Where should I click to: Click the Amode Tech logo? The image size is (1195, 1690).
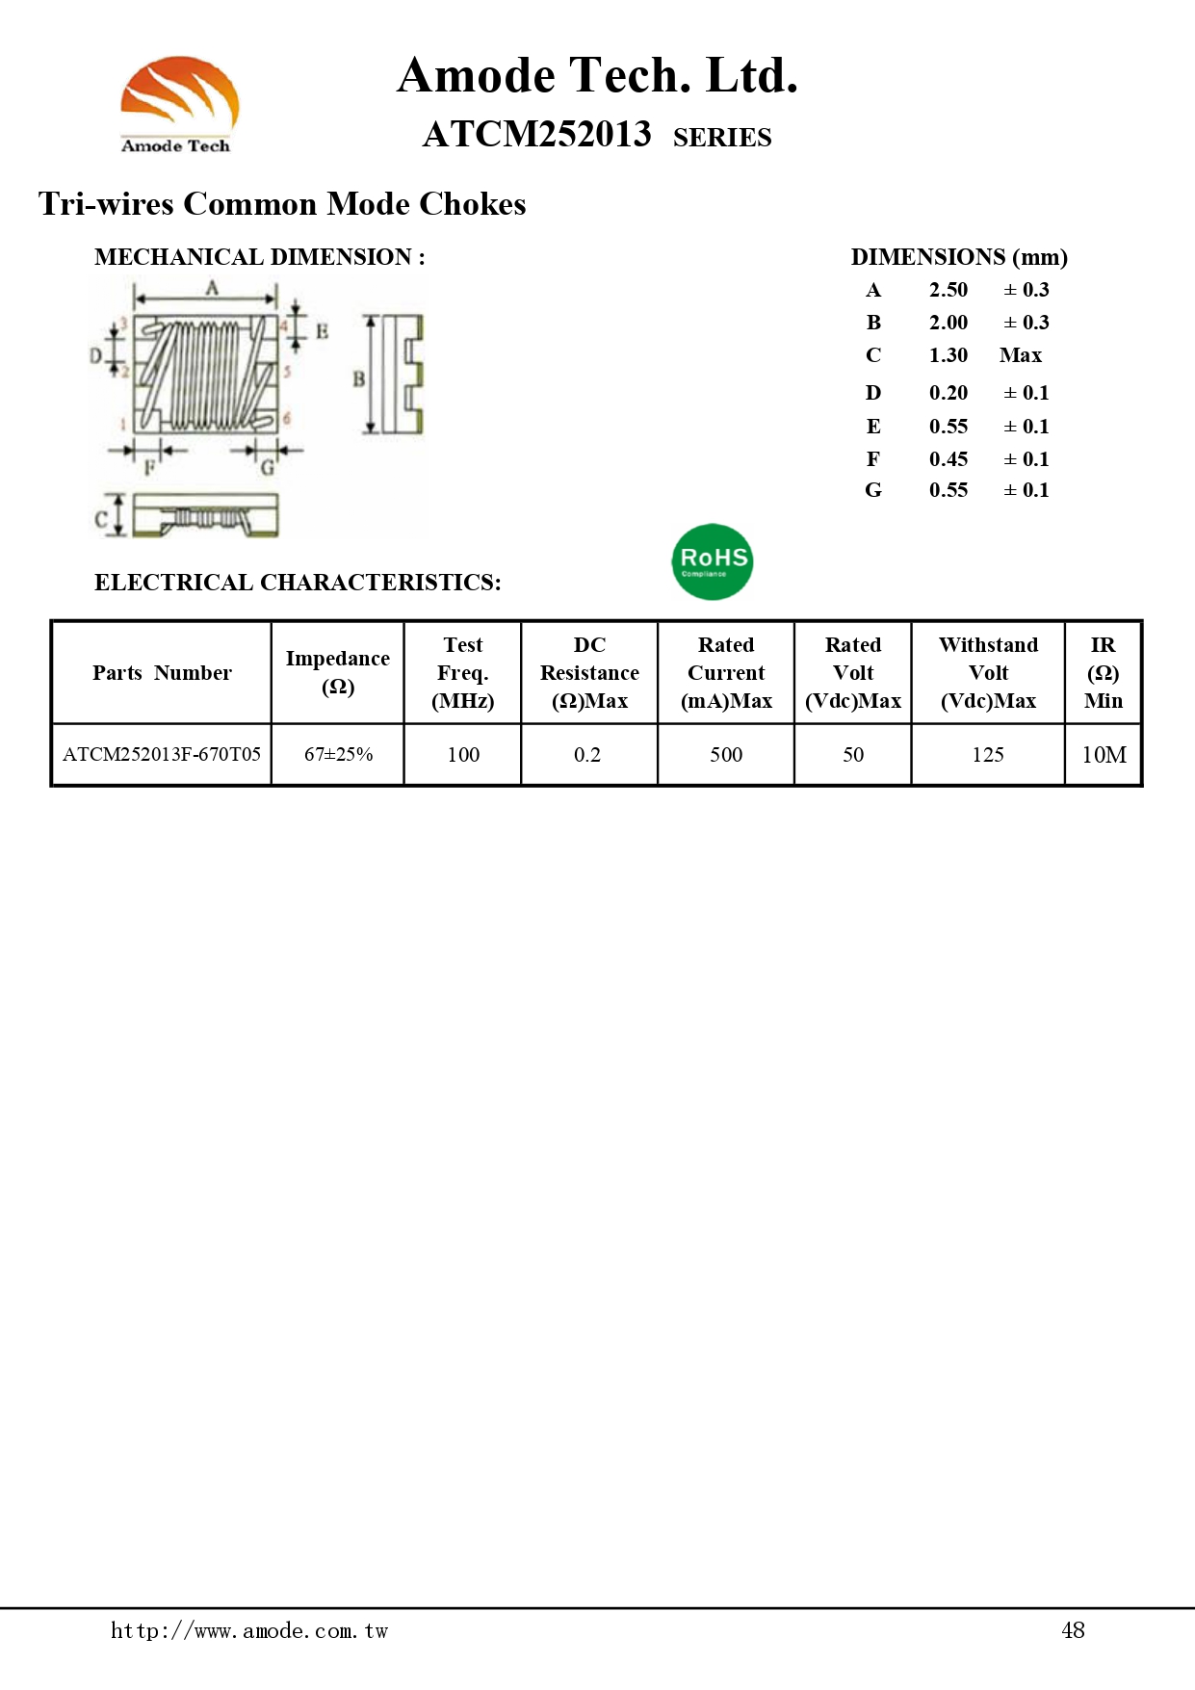pos(179,104)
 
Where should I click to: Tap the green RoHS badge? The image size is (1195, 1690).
pos(713,561)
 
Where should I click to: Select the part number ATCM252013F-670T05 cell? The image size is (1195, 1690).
pos(162,754)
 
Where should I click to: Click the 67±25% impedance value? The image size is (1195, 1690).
pos(338,754)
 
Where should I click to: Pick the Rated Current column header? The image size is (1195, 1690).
pos(726,672)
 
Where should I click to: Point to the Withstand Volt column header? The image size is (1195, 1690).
pos(988,672)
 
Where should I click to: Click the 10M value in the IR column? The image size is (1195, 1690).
pos(1104,755)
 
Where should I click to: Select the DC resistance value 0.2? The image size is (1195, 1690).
pos(587,754)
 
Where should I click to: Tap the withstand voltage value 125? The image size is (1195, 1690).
pos(988,754)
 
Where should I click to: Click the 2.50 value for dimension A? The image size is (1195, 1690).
pos(948,290)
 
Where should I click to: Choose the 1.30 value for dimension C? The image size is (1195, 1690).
pos(948,355)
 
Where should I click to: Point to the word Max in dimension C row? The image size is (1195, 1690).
pos(1021,355)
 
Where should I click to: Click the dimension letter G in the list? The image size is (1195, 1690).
pos(873,490)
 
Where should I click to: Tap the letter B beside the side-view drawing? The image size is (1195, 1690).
pos(358,378)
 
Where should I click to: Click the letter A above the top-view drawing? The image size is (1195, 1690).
pos(212,287)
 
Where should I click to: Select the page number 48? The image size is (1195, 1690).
pos(1073,1630)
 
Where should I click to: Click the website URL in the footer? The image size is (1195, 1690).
pos(248,1630)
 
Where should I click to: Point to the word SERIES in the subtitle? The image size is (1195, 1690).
pos(722,138)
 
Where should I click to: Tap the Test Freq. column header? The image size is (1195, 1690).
pos(463,672)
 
